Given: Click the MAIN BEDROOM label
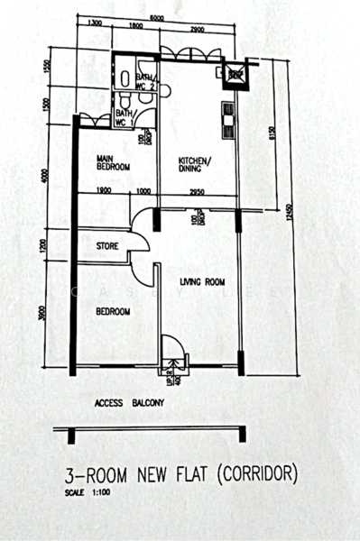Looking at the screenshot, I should coord(114,162).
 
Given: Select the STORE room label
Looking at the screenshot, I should coord(109,245).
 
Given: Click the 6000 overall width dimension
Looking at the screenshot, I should coord(157,18).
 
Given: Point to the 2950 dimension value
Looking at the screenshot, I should coord(196,191).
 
